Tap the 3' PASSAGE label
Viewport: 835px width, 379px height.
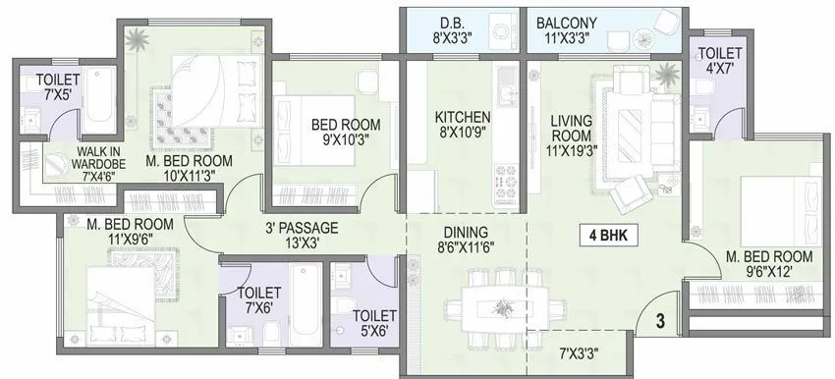301,235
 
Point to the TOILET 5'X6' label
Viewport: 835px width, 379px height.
374,323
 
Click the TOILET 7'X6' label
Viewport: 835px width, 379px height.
259,300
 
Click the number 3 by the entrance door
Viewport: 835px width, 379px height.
660,320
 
